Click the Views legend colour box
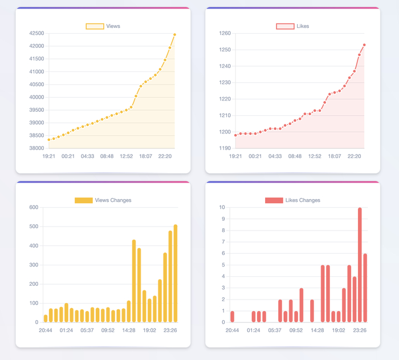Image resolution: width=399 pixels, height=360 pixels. [95, 26]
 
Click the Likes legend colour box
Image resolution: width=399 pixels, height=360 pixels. [285, 26]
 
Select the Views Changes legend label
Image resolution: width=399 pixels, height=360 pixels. [113, 200]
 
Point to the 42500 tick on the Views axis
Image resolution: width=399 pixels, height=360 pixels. [37, 33]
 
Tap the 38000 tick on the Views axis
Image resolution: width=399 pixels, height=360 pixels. [37, 148]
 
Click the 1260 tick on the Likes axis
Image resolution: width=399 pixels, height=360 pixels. [225, 33]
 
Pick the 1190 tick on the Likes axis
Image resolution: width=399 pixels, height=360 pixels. [225, 148]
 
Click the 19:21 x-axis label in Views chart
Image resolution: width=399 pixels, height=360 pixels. [48, 156]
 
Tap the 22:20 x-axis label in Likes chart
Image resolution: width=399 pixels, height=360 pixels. [355, 156]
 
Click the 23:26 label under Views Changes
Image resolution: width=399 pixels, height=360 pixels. [170, 330]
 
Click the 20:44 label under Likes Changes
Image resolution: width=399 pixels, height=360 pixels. [232, 330]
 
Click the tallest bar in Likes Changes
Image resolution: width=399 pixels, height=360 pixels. [360, 265]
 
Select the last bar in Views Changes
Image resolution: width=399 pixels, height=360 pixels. [176, 274]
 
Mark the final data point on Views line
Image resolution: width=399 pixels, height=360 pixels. [175, 35]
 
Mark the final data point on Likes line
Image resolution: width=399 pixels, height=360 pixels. [364, 45]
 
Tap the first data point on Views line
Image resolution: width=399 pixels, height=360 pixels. [49, 139]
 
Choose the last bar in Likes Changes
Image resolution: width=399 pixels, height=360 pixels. [365, 288]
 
